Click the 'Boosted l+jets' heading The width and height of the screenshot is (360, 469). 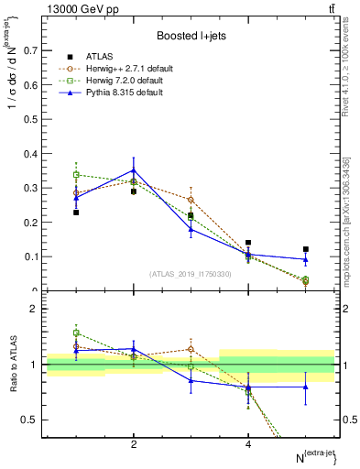pos(190,35)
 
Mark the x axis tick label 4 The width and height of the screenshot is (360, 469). pos(248,444)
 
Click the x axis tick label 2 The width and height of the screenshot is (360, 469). pos(134,444)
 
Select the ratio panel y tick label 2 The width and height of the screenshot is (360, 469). pos(33,309)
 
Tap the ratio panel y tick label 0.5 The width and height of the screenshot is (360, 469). pos(29,420)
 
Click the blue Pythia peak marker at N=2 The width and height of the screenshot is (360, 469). pos(134,170)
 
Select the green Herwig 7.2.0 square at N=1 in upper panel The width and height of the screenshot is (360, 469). pos(76,174)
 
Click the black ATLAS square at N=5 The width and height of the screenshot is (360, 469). pos(305,249)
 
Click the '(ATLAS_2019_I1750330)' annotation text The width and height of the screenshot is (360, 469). pos(191,274)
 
